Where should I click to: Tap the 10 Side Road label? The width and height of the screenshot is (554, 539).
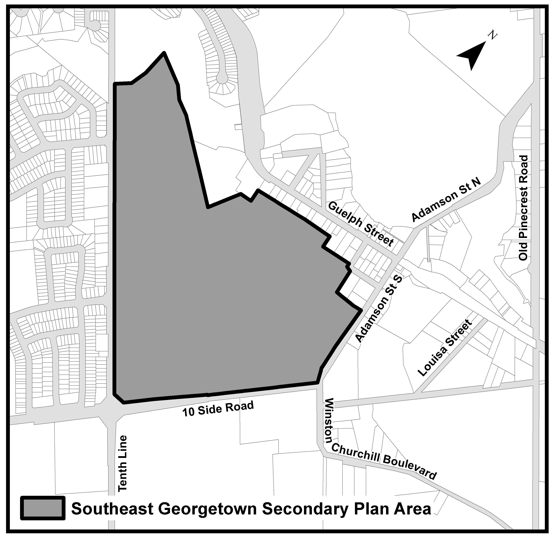click(218, 409)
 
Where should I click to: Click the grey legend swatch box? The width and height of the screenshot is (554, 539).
click(43, 509)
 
